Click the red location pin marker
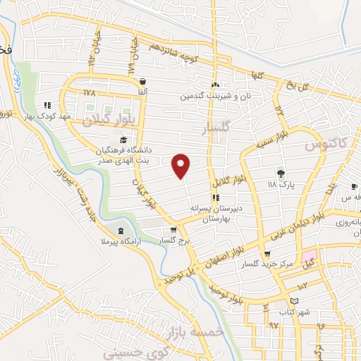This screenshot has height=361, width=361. point(182,166)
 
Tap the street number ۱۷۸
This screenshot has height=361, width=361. point(88,92)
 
